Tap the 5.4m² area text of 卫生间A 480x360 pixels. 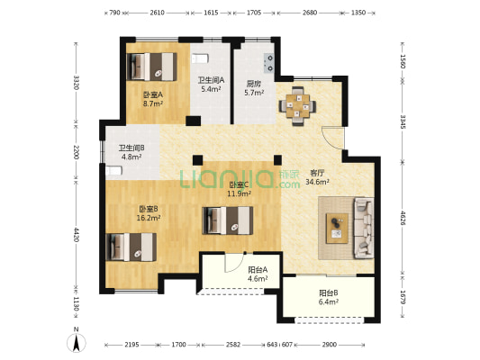click(211, 89)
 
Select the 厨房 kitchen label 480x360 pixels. click(254, 84)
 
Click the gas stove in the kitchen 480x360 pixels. click(269, 63)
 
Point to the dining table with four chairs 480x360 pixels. click(297, 106)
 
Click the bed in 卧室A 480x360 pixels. click(152, 67)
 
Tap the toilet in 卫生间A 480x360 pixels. click(200, 58)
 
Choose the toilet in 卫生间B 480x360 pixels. click(113, 170)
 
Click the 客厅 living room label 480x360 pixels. click(317, 173)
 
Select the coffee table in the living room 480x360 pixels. click(337, 229)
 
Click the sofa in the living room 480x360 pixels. click(364, 228)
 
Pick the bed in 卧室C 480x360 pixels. click(228, 220)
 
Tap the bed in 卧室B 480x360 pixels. click(131, 247)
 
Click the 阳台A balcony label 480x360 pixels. click(258, 270)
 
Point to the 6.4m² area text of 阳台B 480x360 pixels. click(329, 302)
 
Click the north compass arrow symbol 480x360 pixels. click(77, 342)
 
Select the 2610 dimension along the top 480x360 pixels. click(157, 13)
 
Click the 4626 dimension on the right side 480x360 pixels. click(403, 218)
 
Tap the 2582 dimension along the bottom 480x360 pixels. click(233, 345)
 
